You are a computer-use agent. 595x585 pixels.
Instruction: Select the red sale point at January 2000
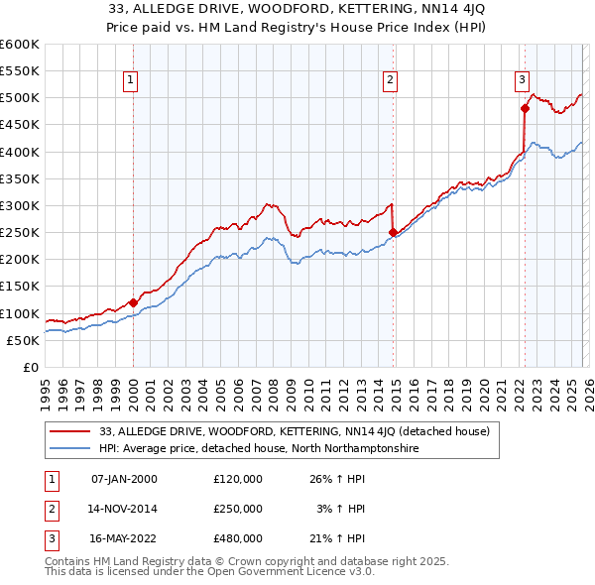pos(133,302)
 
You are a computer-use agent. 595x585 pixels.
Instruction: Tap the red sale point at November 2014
pos(394,233)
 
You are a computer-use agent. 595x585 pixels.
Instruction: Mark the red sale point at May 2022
pos(525,109)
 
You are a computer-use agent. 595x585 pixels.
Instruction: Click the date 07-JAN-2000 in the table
pos(124,479)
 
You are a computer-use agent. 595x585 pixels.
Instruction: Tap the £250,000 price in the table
pos(238,509)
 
